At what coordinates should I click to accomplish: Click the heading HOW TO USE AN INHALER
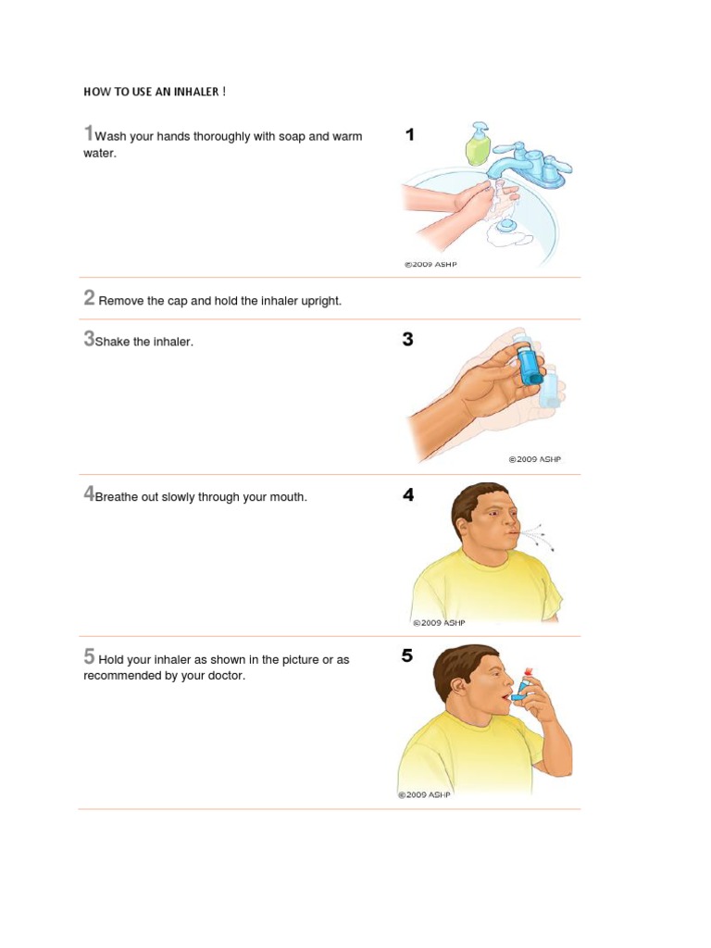pyautogui.click(x=154, y=93)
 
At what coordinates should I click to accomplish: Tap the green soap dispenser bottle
pyautogui.click(x=478, y=146)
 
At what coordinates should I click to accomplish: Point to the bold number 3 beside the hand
pyautogui.click(x=407, y=340)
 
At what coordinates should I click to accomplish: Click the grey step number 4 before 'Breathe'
pyautogui.click(x=89, y=494)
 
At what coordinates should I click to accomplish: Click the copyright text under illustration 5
pyautogui.click(x=424, y=794)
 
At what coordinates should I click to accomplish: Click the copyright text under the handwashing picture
pyautogui.click(x=430, y=264)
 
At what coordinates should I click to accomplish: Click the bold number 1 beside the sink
pyautogui.click(x=409, y=135)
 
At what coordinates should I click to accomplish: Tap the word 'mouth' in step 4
pyautogui.click(x=287, y=497)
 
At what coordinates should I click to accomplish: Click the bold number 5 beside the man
pyautogui.click(x=407, y=656)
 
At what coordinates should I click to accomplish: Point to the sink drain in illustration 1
pyautogui.click(x=506, y=225)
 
